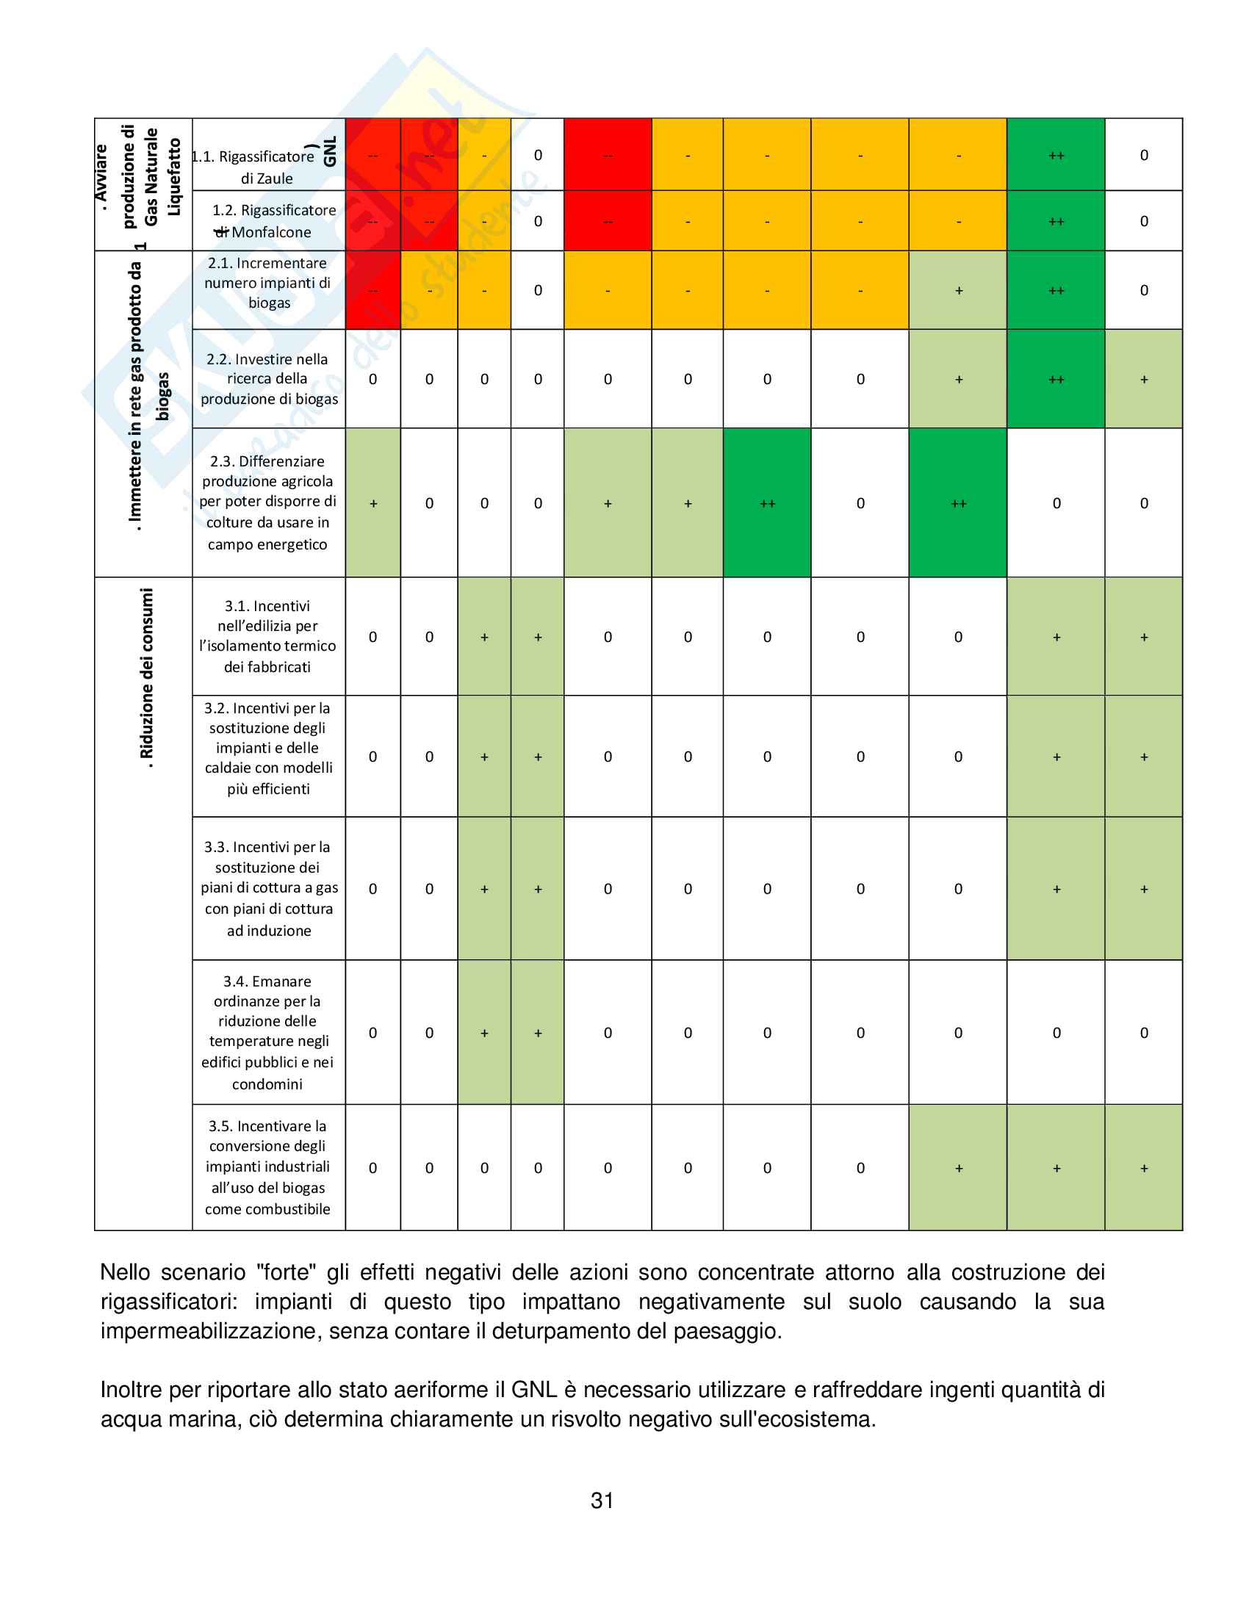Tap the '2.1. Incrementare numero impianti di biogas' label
coord(268,283)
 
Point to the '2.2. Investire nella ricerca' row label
coord(269,379)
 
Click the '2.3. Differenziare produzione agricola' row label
coord(268,502)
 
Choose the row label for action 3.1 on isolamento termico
coord(268,636)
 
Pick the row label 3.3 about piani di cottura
coord(269,889)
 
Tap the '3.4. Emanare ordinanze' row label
coord(268,1032)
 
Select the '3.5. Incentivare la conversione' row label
coord(268,1168)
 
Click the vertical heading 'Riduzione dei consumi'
coord(146,678)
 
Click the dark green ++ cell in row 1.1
coord(1056,156)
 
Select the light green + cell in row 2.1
coord(958,290)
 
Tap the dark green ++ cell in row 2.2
coord(1056,379)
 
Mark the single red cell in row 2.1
coord(373,290)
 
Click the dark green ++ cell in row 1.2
coord(1056,221)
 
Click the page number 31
coord(602,1501)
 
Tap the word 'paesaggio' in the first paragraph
coord(725,1331)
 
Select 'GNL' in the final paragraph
coord(534,1390)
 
